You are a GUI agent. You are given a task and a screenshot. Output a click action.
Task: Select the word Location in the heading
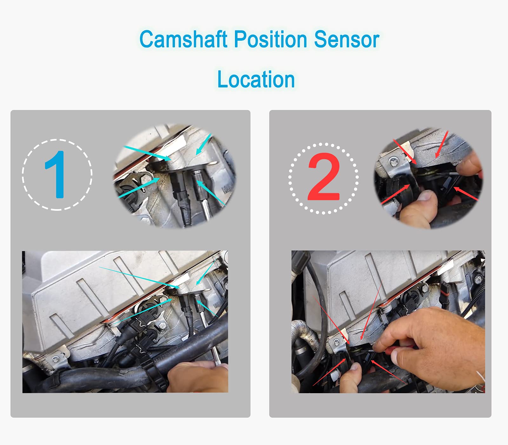[x=256, y=79]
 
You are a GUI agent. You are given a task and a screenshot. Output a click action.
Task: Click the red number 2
[x=324, y=177]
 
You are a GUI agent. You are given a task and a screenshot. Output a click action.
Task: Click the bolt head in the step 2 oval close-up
[x=394, y=162]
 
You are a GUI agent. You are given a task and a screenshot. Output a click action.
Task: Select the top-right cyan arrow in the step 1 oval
[x=203, y=145]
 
